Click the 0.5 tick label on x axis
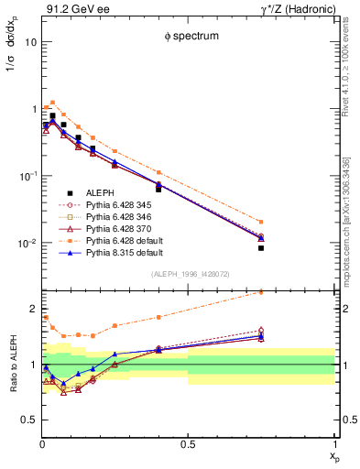coord(187,446)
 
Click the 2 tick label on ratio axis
coord(32,309)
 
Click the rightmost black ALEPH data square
coord(261,248)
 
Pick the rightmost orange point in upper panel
coord(261,222)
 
